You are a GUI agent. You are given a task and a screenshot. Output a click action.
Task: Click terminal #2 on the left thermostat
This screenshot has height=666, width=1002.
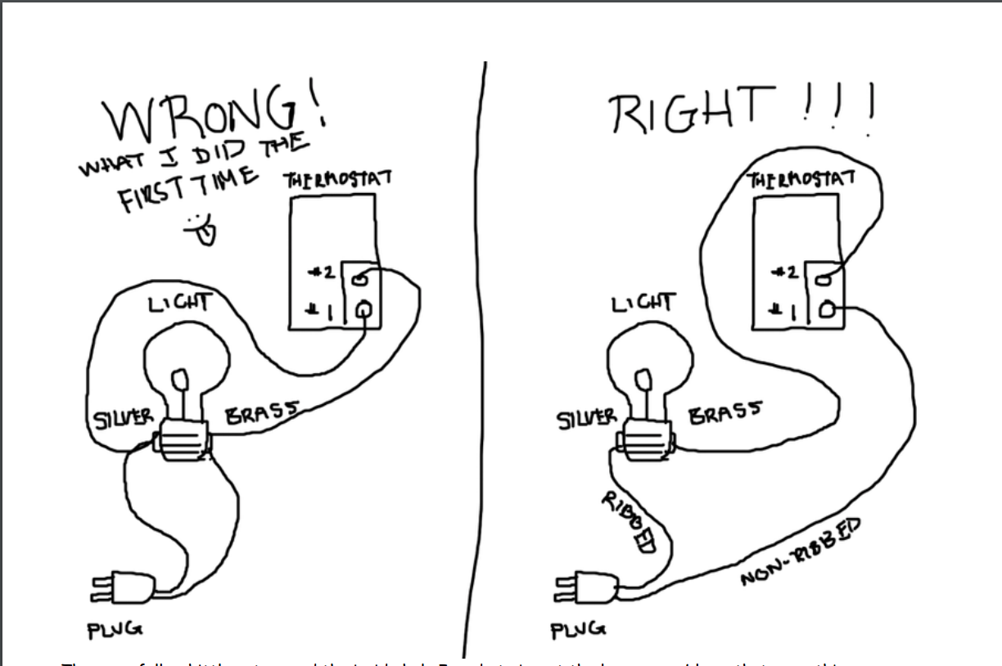pos(361,279)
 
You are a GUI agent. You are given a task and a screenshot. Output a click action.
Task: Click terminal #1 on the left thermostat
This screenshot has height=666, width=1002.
pos(363,308)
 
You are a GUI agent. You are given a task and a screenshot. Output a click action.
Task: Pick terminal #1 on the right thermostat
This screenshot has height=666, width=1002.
pos(828,309)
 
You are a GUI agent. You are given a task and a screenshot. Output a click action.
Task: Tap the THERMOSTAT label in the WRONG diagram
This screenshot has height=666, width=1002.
pos(336,179)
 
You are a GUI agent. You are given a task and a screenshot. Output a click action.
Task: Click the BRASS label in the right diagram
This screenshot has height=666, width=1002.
pos(724,410)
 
